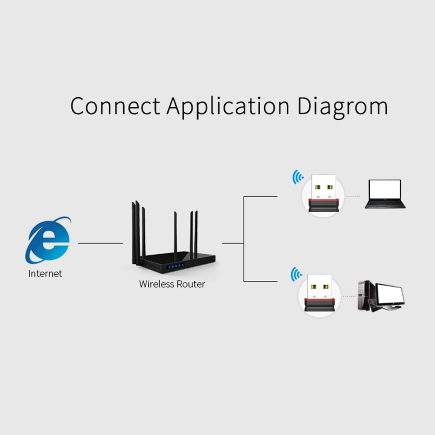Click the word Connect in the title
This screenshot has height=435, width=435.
tap(115, 106)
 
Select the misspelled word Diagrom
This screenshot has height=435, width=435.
tap(342, 107)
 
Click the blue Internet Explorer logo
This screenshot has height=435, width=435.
tap(48, 240)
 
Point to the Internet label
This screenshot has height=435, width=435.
tap(45, 273)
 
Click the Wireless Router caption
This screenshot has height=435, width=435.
tap(172, 284)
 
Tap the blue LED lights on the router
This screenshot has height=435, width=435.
tap(176, 266)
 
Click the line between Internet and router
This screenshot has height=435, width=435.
tap(100, 243)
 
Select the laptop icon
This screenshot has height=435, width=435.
tap(385, 194)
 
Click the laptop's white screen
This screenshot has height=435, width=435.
tap(385, 189)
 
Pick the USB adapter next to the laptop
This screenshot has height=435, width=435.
tap(323, 193)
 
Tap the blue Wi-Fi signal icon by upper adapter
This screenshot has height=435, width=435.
tap(298, 177)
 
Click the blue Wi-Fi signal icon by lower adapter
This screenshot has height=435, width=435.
tap(296, 274)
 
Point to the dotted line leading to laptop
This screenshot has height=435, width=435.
tap(353, 196)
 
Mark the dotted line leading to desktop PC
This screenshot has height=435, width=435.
tap(349, 296)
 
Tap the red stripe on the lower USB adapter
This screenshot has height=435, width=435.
tap(319, 300)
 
